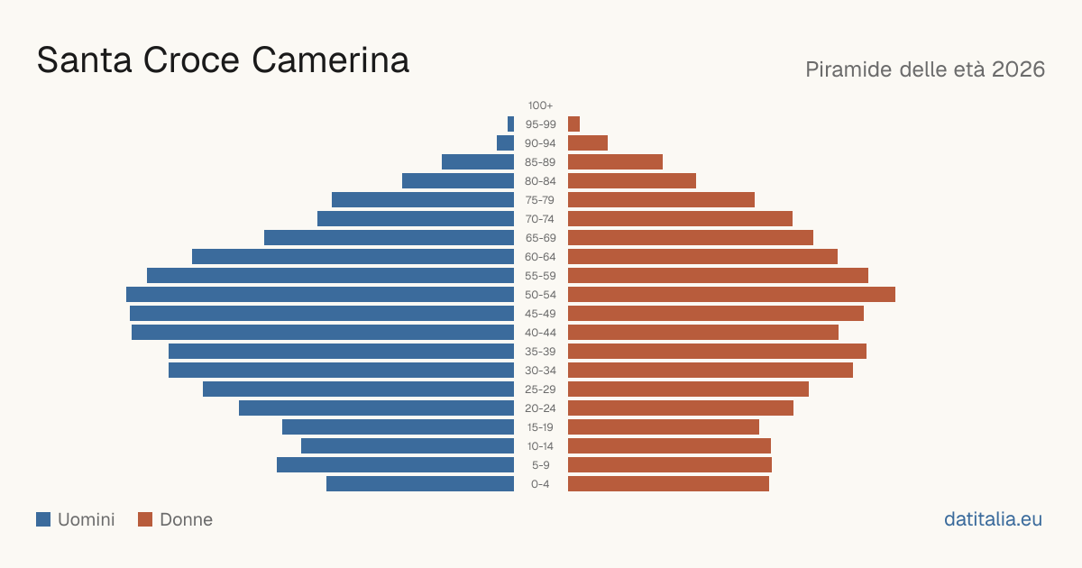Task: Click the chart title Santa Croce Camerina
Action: [x=223, y=60]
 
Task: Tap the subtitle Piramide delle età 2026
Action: [x=925, y=69]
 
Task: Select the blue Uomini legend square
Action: [x=43, y=519]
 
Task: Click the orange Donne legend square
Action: [x=145, y=519]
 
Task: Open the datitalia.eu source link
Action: [x=993, y=519]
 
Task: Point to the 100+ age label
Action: [x=540, y=105]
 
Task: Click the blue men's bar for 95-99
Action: [x=510, y=124]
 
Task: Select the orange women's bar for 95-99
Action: [x=573, y=124]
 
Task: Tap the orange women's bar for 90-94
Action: [x=588, y=143]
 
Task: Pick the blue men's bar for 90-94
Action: [x=505, y=143]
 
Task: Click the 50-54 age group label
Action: [x=540, y=295]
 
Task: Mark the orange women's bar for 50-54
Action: [x=731, y=295]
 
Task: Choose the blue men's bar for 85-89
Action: [x=478, y=161]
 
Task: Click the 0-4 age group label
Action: [x=540, y=484]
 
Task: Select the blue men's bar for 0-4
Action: [x=420, y=484]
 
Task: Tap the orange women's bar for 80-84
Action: [x=632, y=180]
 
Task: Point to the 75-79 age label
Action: [x=540, y=200]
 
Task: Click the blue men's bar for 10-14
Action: [x=408, y=445]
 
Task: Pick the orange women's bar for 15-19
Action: [x=664, y=427]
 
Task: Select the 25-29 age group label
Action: [x=540, y=389]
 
